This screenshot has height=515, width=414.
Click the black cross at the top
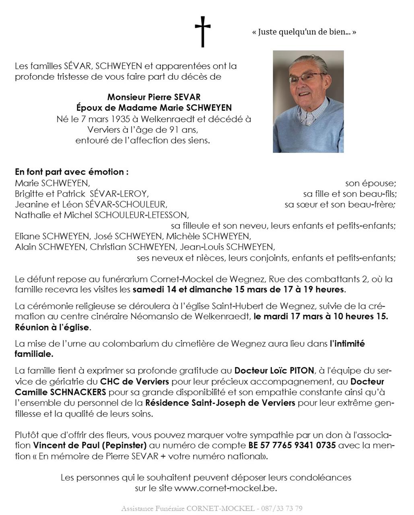[x=203, y=31]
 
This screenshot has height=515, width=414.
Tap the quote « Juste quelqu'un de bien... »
[x=304, y=32]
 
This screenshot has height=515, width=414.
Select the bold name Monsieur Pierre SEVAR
[x=154, y=97]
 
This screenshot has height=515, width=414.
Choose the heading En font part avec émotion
[x=72, y=172]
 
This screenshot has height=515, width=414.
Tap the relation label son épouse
[x=370, y=183]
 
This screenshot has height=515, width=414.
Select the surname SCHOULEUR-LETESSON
[x=142, y=215]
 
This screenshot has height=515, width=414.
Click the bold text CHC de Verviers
[x=134, y=381]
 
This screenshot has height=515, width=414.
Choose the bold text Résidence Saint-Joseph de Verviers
[x=220, y=402]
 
